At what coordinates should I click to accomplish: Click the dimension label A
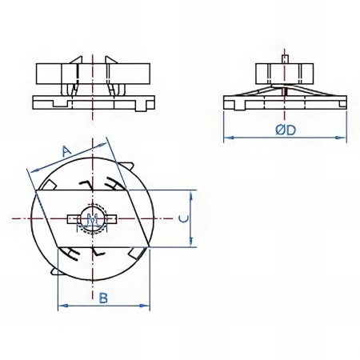click(x=66, y=151)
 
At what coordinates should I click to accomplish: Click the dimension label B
click(x=103, y=298)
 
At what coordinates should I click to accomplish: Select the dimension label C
click(x=184, y=218)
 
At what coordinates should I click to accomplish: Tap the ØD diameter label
click(x=286, y=130)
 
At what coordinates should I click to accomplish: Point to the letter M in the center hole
click(x=92, y=221)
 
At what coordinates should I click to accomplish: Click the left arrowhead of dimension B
click(x=62, y=306)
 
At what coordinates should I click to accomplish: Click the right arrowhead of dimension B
click(x=146, y=306)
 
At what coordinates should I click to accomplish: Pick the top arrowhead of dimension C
click(x=191, y=194)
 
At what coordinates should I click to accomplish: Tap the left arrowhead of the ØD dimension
click(x=227, y=138)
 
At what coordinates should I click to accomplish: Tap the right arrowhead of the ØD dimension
click(x=342, y=138)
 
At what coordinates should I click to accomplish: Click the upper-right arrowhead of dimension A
click(x=102, y=145)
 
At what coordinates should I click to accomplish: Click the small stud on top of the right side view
click(x=285, y=58)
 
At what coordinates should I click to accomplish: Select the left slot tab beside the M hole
click(x=72, y=219)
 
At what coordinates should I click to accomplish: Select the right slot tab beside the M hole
click(x=112, y=219)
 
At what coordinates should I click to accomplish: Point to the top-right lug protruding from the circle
click(x=125, y=167)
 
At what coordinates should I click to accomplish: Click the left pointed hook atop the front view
click(x=76, y=60)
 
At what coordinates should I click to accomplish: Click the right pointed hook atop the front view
click(x=111, y=60)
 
